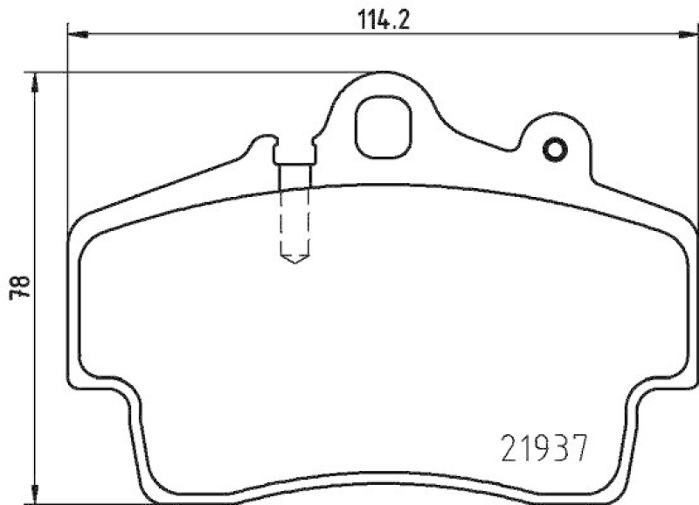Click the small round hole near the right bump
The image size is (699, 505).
[x=555, y=151]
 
